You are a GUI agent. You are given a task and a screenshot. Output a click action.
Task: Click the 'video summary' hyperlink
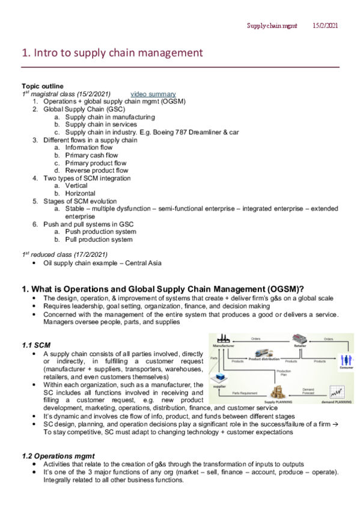pos(153,94)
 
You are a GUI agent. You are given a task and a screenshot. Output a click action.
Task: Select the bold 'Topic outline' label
pos(42,87)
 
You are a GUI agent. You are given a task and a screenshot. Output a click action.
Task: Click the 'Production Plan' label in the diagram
pos(284,373)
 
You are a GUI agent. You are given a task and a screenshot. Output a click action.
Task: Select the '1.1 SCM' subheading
pos(36,346)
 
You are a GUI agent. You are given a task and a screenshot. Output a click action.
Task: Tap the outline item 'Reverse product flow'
pos(97,170)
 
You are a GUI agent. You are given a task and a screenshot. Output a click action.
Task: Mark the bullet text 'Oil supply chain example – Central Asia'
pos(102,263)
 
